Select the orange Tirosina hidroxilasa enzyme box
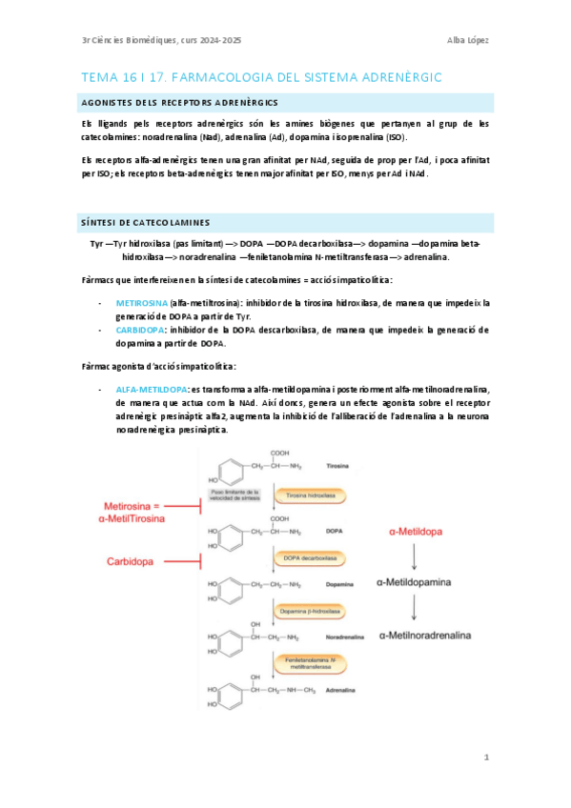pyautogui.click(x=310, y=495)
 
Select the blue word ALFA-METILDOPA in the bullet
pyautogui.click(x=152, y=390)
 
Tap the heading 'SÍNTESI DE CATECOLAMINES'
pyautogui.click(x=144, y=223)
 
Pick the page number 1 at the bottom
pyautogui.click(x=486, y=758)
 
